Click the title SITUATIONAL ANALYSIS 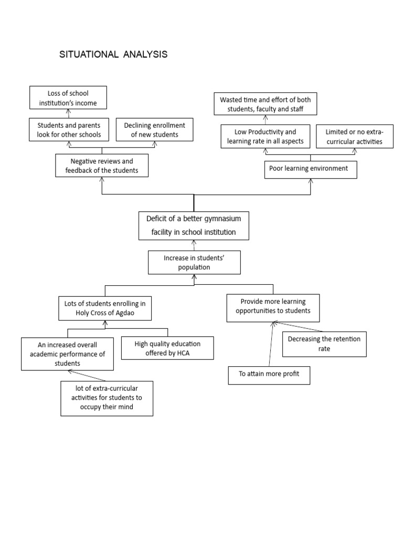(x=113, y=54)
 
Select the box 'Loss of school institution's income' (x=68, y=98)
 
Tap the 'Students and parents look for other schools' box (x=69, y=130)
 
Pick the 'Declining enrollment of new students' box (x=155, y=130)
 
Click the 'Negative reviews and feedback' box (x=102, y=165)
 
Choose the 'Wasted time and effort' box (x=265, y=104)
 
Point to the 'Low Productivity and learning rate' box (x=265, y=136)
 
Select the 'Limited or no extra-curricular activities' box (x=354, y=137)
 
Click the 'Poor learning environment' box (x=311, y=170)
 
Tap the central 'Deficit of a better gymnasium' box (x=194, y=226)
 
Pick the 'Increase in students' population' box (x=194, y=263)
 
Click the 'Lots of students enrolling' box (x=105, y=308)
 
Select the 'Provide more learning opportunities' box (x=273, y=308)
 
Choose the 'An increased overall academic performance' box (x=67, y=354)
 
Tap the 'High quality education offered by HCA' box (x=167, y=348)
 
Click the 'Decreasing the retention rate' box (x=324, y=344)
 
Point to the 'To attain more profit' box (x=269, y=375)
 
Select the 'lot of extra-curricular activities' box (x=107, y=398)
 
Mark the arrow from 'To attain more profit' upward (x=271, y=344)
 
